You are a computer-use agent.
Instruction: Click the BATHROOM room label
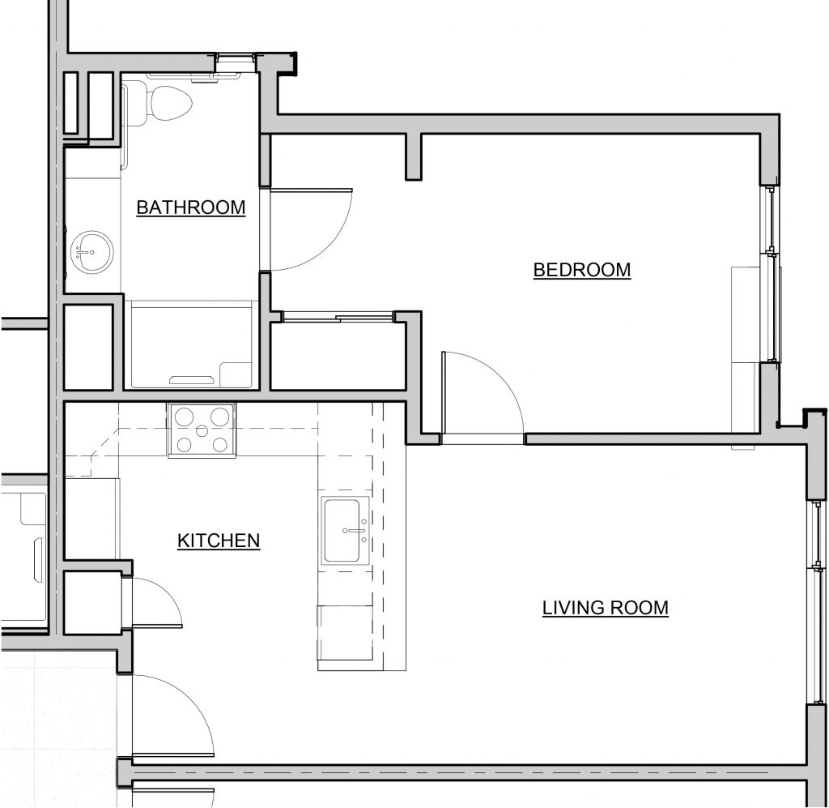click(190, 207)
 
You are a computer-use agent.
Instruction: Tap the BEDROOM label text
click(581, 270)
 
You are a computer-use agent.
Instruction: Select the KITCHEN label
click(219, 540)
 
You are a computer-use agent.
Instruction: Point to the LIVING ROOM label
click(605, 607)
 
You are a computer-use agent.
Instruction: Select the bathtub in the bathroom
click(191, 344)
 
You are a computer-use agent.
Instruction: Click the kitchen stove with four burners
click(202, 430)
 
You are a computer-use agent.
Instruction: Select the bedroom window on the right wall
click(772, 274)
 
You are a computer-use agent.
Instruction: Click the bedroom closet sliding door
click(336, 317)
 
